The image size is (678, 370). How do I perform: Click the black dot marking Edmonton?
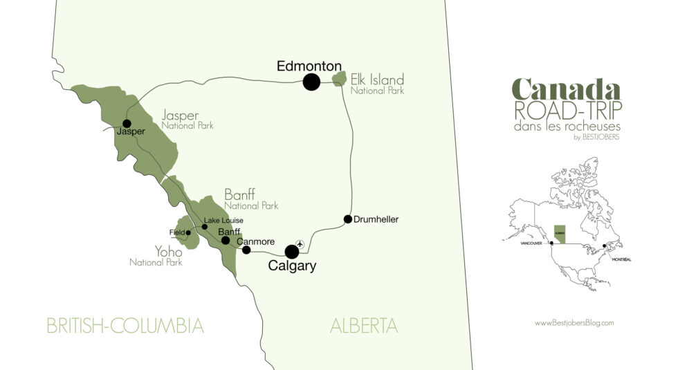[x=311, y=82]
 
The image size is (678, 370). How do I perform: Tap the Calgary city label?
[x=292, y=266]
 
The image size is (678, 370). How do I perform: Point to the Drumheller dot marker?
[x=347, y=219]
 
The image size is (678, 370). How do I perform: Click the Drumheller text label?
[x=376, y=220]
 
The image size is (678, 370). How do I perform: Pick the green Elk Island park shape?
[x=339, y=79]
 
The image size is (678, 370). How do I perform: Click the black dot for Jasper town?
[x=127, y=124]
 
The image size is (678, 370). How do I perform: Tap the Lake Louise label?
[x=223, y=221]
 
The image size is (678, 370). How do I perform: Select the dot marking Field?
[x=188, y=232]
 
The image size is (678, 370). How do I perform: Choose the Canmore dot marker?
[x=246, y=250]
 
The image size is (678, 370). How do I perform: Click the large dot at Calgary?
[x=292, y=252]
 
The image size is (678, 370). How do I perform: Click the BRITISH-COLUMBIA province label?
[x=125, y=326]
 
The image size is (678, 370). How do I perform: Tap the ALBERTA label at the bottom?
[x=364, y=326]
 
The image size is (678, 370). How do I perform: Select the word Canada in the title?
[x=566, y=89]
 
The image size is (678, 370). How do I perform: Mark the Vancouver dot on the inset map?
[x=551, y=243]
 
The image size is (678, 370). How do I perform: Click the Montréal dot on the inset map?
[x=605, y=246]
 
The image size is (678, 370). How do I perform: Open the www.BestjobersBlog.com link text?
[x=574, y=322]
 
